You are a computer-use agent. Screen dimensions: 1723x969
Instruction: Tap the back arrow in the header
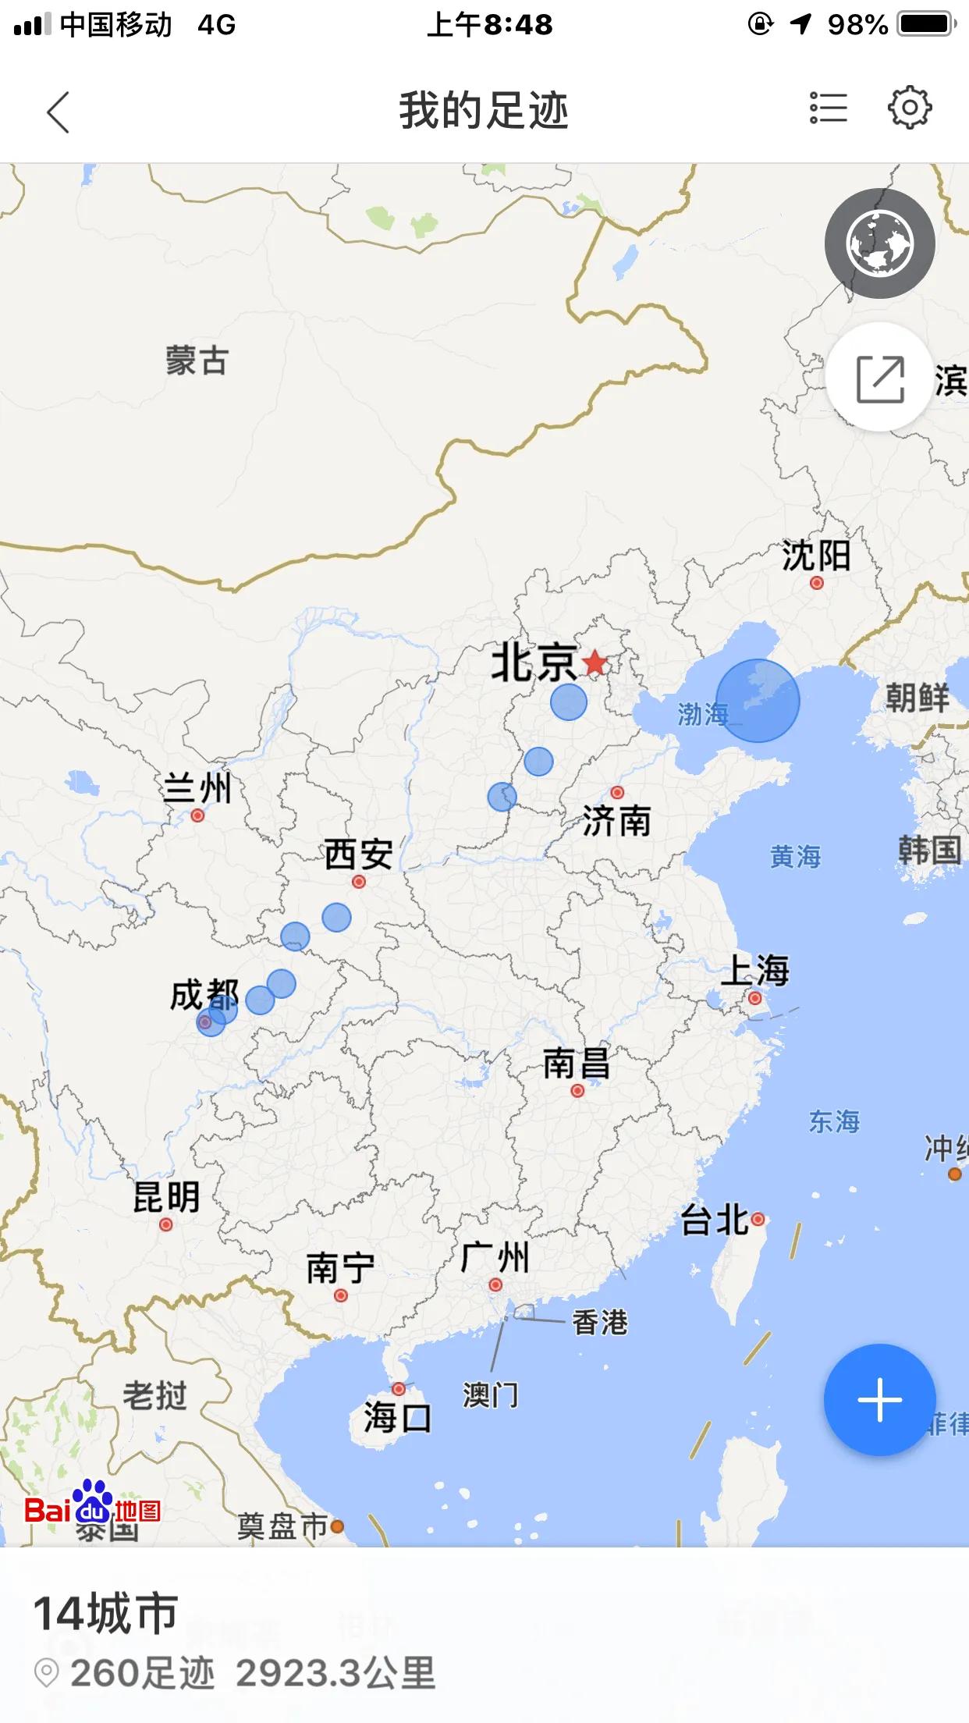click(59, 112)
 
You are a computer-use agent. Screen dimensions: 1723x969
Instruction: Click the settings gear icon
click(910, 108)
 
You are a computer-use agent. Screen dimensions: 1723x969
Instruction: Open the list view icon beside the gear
click(828, 108)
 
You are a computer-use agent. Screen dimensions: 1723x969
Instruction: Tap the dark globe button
click(879, 243)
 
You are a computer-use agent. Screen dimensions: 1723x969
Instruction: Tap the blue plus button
click(879, 1399)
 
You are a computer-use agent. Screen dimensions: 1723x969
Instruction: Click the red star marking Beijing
click(595, 663)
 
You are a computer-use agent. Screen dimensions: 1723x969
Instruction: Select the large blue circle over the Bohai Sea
click(758, 700)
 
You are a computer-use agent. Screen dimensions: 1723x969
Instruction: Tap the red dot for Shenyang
click(816, 583)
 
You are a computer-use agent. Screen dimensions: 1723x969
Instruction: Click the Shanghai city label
click(754, 970)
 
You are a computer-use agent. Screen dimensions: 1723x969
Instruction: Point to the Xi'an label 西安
click(358, 854)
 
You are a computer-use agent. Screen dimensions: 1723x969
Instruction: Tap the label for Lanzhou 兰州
click(197, 788)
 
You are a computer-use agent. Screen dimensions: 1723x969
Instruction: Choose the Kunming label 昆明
click(166, 1197)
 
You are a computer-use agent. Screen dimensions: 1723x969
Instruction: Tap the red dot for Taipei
click(757, 1219)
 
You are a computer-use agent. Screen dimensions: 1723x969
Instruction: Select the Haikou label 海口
click(397, 1417)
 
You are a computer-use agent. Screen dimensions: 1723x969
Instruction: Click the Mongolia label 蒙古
click(197, 361)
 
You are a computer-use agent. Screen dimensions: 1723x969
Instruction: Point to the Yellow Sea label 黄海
click(795, 857)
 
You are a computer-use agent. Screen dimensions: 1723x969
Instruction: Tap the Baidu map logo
click(92, 1510)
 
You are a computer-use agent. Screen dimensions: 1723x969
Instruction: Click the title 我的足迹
click(484, 110)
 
